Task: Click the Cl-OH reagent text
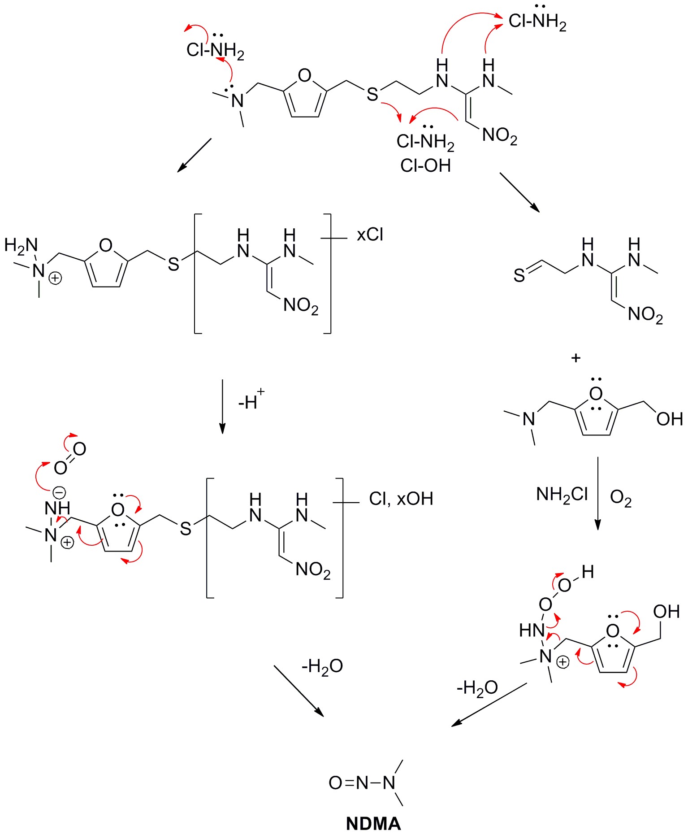[x=425, y=165]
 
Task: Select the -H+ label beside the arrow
[x=251, y=400]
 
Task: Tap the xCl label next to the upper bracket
[x=370, y=235]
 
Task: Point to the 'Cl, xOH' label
[x=401, y=499]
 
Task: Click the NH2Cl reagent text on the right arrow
[x=562, y=494]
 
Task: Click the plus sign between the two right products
[x=576, y=358]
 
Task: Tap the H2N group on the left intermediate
[x=21, y=245]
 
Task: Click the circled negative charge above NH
[x=59, y=493]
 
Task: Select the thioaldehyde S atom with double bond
[x=519, y=275]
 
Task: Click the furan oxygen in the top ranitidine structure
[x=304, y=75]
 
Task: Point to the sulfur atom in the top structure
[x=372, y=94]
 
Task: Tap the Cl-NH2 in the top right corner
[x=537, y=20]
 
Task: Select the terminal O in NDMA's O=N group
[x=335, y=783]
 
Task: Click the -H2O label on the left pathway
[x=322, y=666]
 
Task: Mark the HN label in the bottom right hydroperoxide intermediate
[x=532, y=630]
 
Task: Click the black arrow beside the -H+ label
[x=222, y=407]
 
